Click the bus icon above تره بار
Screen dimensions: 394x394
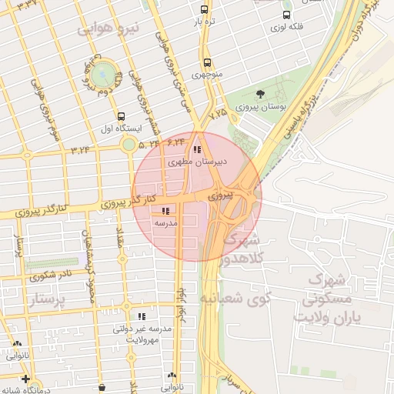(x=204, y=10)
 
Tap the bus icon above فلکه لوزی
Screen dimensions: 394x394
(x=286, y=14)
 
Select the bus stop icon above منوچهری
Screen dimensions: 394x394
(x=206, y=63)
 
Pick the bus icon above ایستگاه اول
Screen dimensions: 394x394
(x=113, y=115)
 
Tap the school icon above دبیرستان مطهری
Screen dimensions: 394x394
(x=197, y=150)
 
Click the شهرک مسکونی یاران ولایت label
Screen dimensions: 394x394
(x=328, y=296)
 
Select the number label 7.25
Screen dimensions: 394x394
(x=218, y=113)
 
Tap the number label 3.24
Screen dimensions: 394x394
(x=81, y=149)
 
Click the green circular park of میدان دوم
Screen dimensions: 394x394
(x=102, y=74)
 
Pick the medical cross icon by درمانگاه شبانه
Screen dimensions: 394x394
(x=26, y=379)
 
